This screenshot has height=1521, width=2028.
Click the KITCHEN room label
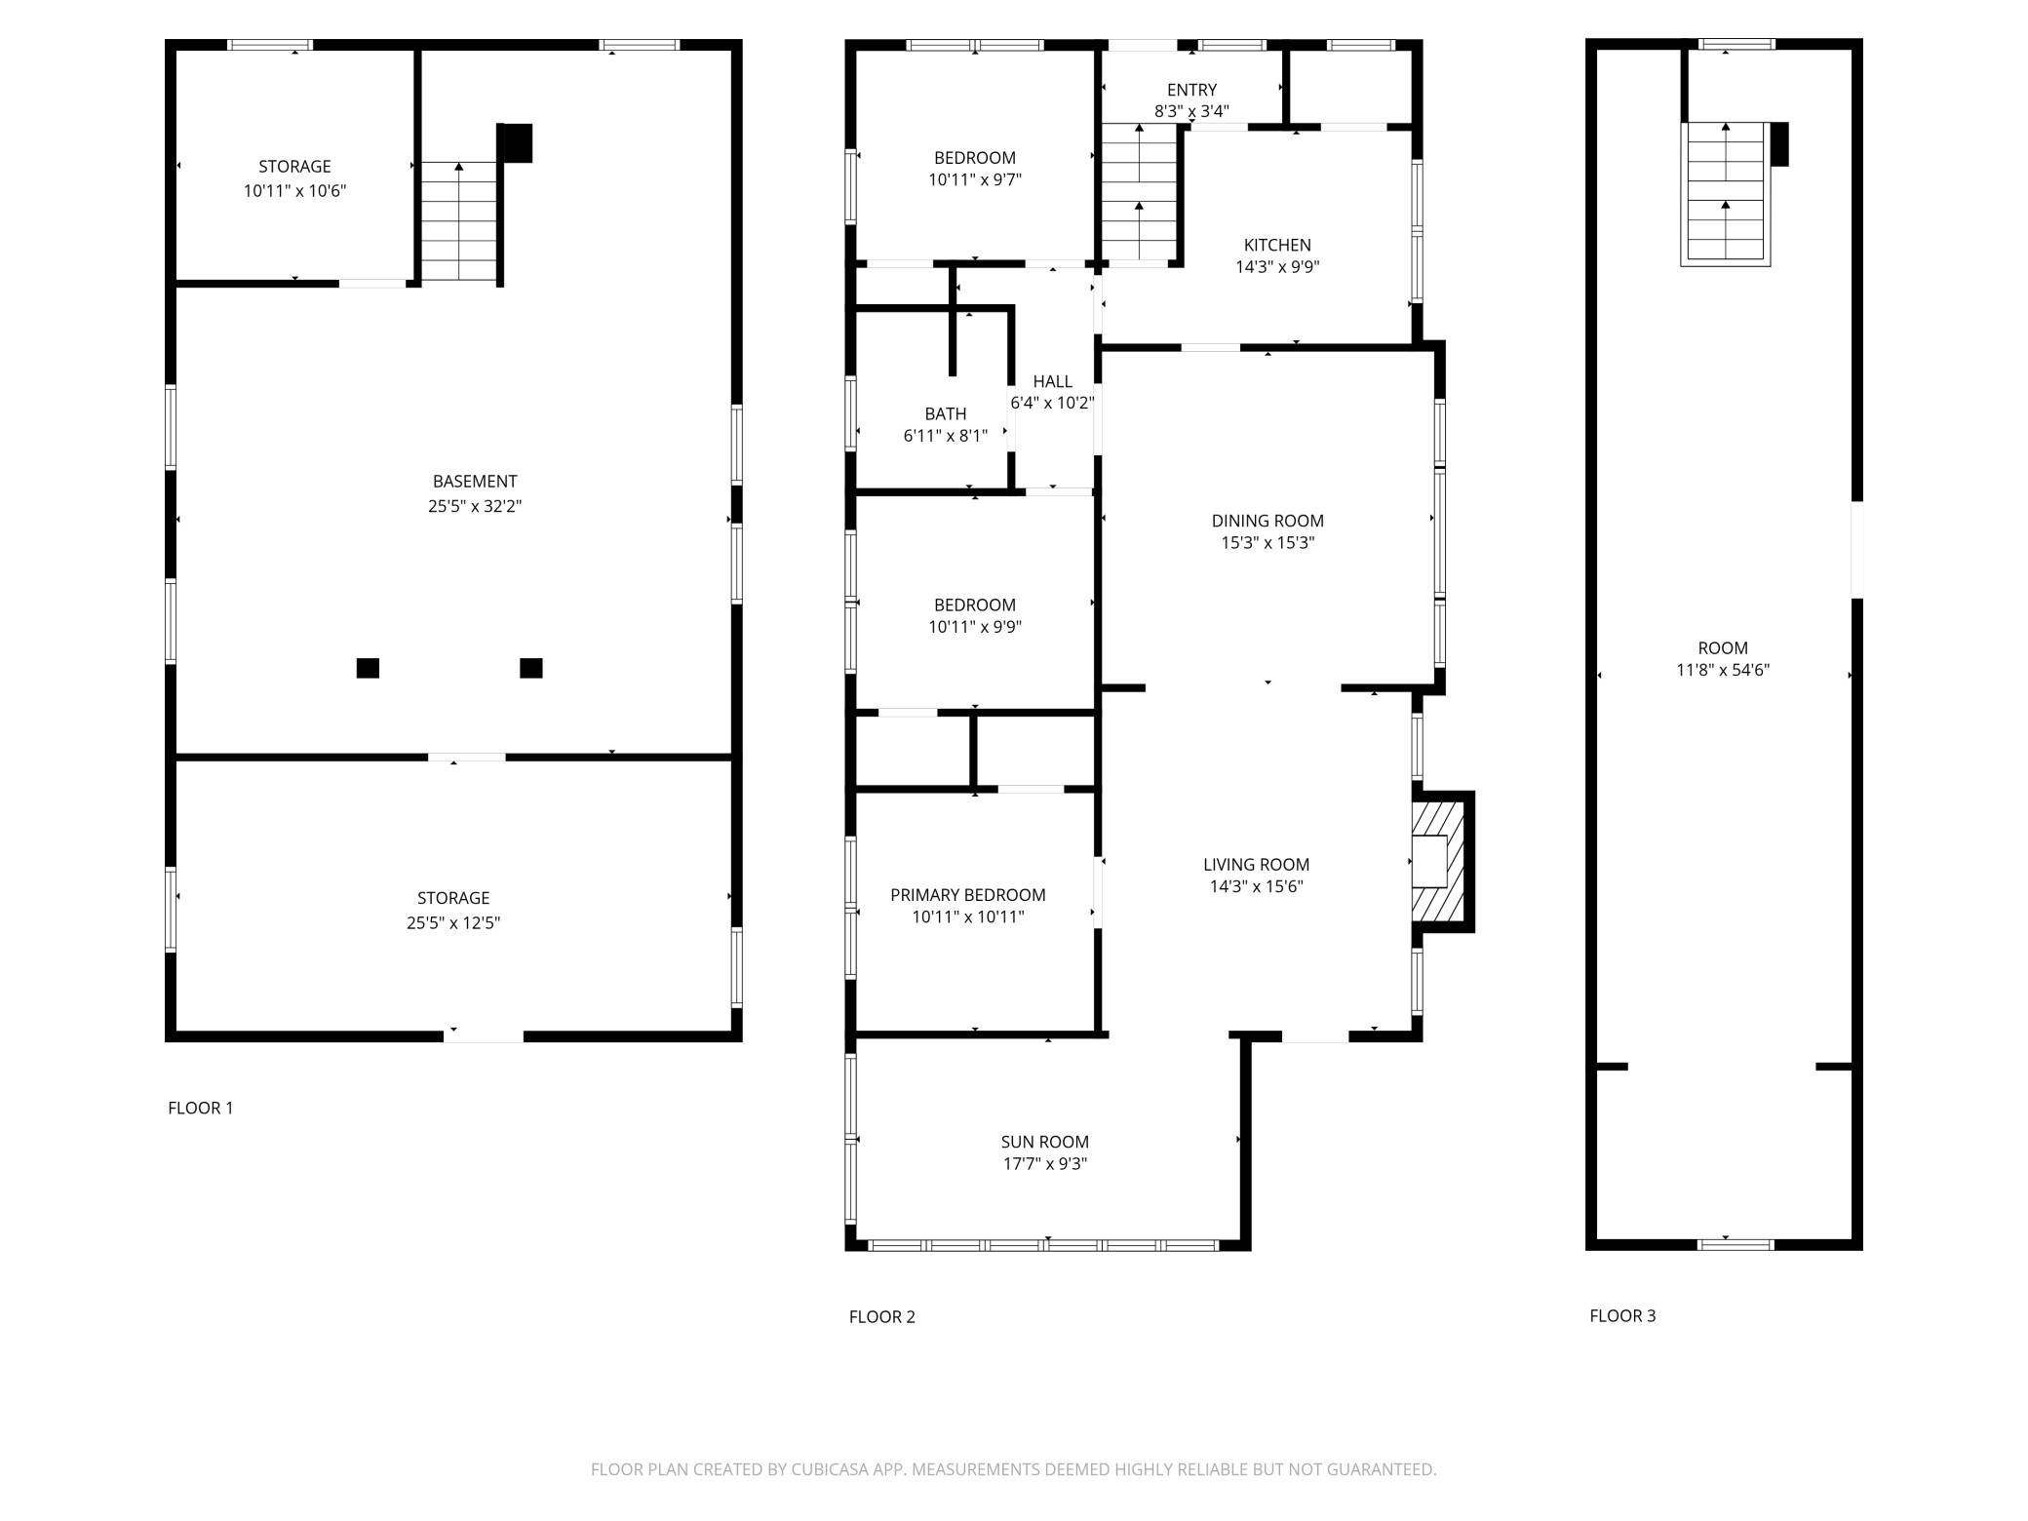click(x=1276, y=245)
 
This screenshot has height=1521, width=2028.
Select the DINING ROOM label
click(x=1267, y=521)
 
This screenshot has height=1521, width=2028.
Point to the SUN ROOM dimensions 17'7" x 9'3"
click(x=1043, y=1163)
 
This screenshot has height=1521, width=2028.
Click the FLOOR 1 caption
click(x=201, y=1108)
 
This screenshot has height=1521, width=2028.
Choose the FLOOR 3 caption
click(x=1622, y=1315)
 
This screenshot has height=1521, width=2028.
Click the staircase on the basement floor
click(x=458, y=222)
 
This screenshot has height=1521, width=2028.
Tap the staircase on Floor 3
click(x=1725, y=193)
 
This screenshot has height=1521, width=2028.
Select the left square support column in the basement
click(x=368, y=668)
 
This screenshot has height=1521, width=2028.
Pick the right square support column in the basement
click(x=531, y=668)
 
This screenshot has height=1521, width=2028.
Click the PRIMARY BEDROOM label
click(x=967, y=894)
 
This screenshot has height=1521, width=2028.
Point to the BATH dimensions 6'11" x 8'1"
click(x=945, y=436)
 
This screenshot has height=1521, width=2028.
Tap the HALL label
click(x=1052, y=381)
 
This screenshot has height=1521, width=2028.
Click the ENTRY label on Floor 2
click(x=1191, y=90)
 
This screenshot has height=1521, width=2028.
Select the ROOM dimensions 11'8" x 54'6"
click(x=1722, y=670)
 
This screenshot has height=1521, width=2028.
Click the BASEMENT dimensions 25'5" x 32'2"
click(x=475, y=506)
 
